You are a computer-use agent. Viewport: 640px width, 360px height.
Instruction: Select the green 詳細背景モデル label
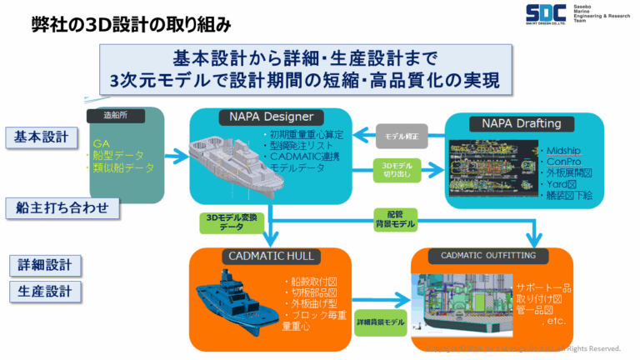pos(382,322)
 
